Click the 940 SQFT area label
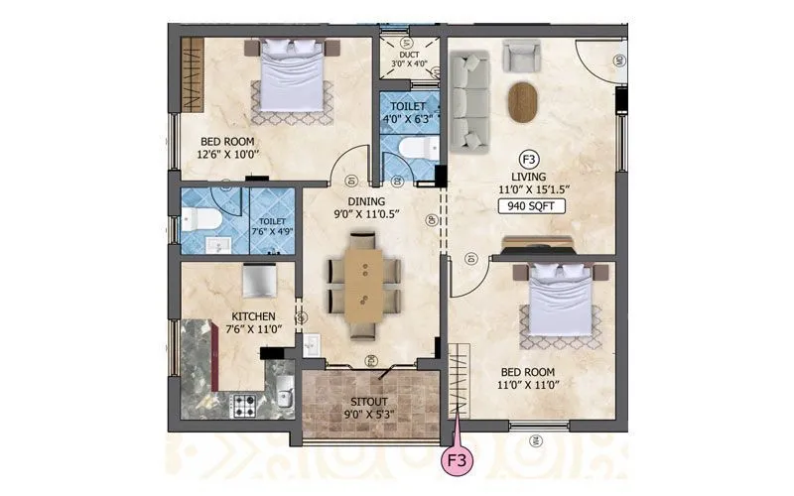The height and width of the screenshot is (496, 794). point(534,207)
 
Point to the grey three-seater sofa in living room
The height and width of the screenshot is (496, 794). point(469,99)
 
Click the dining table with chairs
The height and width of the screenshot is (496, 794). point(363,285)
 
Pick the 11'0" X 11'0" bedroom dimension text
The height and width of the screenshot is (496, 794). point(526,388)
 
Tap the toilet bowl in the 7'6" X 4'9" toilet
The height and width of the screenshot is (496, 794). point(197,221)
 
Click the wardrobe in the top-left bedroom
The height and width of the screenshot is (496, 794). point(191,75)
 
